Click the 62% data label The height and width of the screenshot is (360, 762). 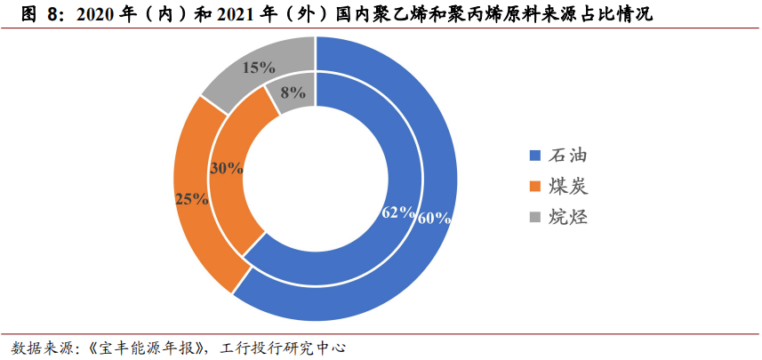click(x=398, y=212)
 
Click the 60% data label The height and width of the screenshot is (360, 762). click(x=435, y=217)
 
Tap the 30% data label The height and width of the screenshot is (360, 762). click(x=226, y=167)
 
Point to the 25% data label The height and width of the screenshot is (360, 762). click(x=191, y=199)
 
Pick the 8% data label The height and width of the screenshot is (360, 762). click(x=292, y=92)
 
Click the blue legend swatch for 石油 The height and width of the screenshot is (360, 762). click(x=534, y=156)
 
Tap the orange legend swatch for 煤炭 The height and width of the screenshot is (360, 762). click(x=534, y=187)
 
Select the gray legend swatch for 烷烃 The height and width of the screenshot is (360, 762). click(x=534, y=217)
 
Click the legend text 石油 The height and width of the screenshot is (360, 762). click(x=568, y=156)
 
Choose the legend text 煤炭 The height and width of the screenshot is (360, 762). click(x=568, y=187)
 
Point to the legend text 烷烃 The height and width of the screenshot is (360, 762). click(x=568, y=217)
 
